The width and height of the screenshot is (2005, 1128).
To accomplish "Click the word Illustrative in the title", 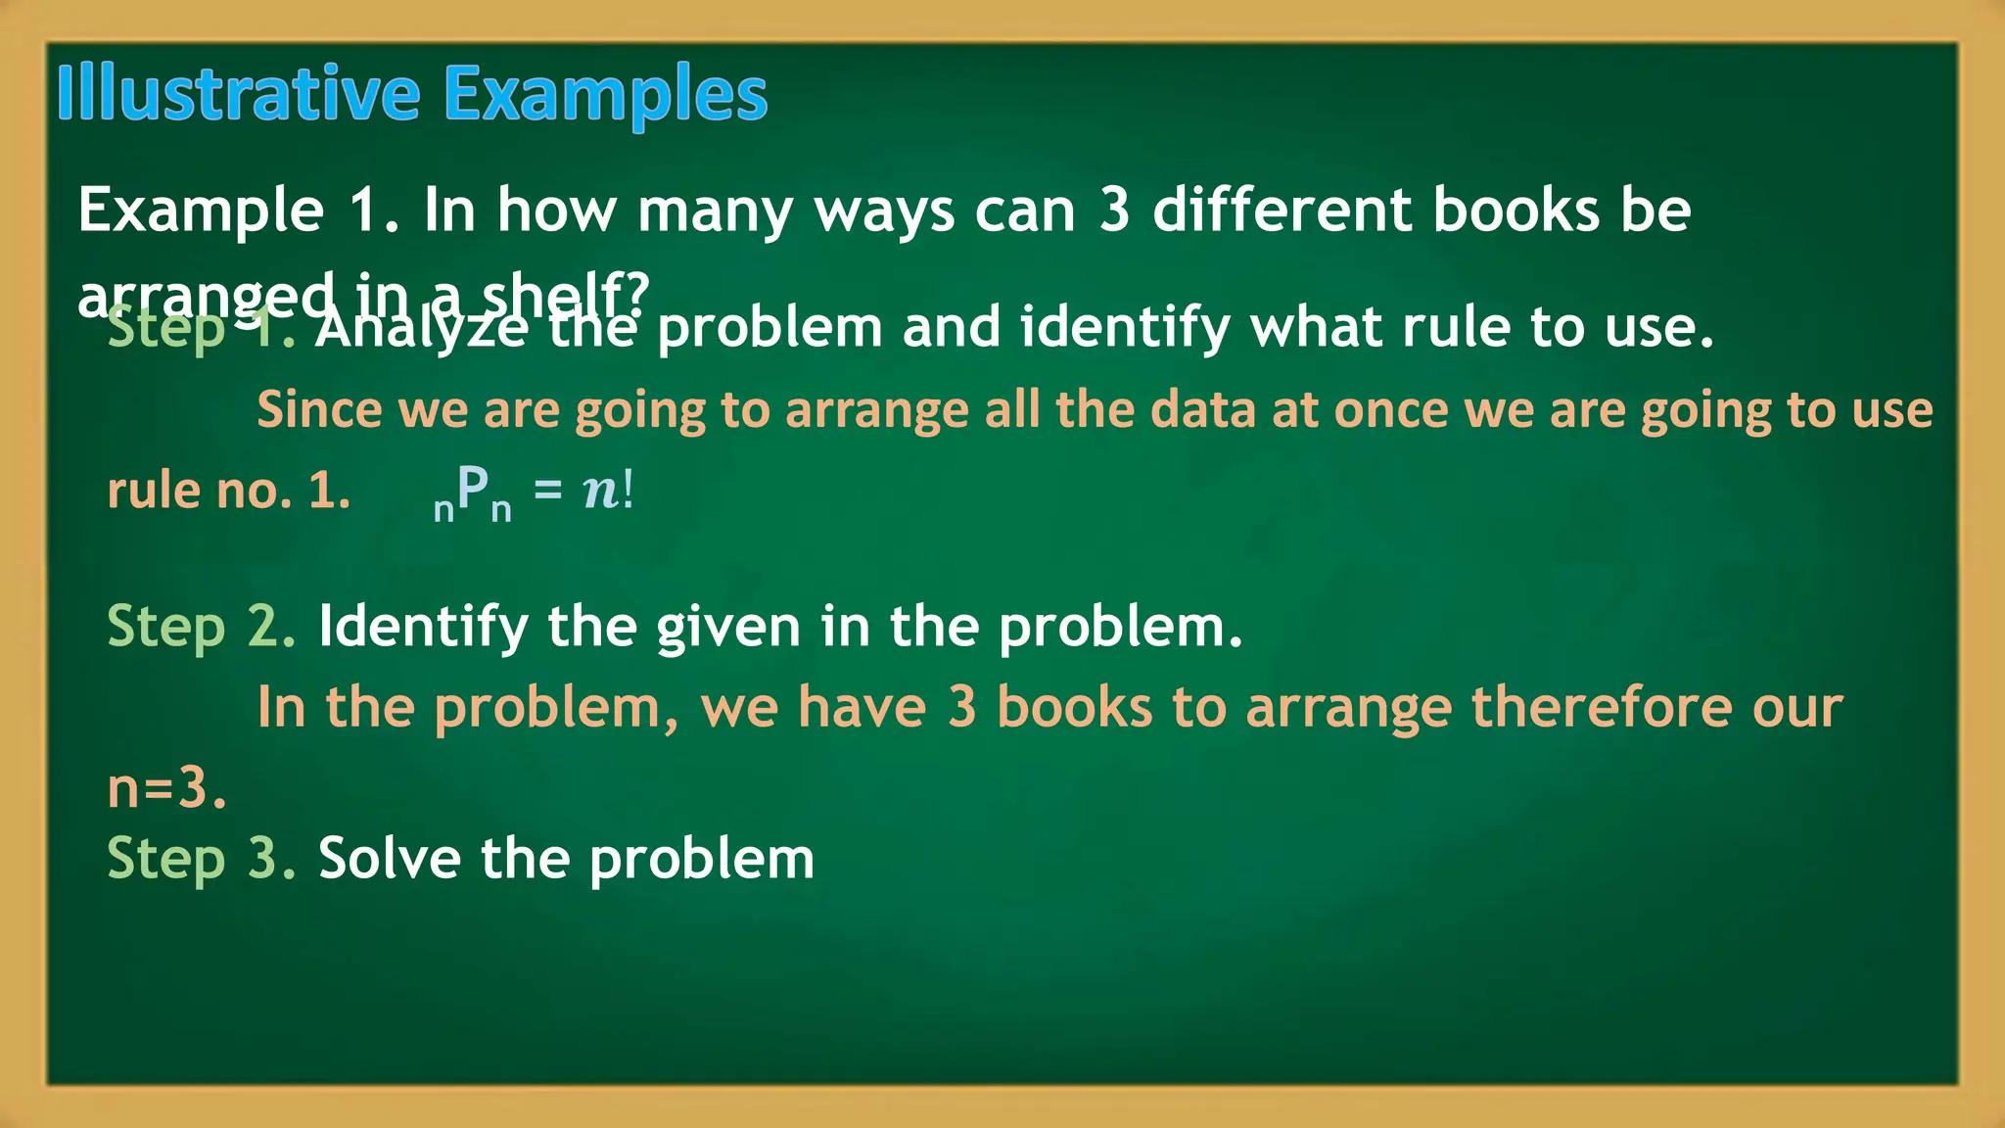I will coord(238,93).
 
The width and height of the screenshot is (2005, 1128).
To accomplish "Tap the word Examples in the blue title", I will coord(605,95).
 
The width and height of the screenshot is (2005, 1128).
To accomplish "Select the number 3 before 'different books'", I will coord(1114,210).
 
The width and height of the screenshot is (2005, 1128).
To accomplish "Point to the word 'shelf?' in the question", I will coord(565,294).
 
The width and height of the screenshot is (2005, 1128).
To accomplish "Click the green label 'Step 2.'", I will coord(201,627).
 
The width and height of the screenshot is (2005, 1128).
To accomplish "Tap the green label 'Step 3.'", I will coord(201,859).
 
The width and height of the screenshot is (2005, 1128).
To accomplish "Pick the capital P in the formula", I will coord(473,487).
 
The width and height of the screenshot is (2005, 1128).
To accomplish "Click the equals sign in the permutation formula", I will coord(548,489).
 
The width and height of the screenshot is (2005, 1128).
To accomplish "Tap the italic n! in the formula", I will coord(608,489).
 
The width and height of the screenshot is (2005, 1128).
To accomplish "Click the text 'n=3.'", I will coord(166,787).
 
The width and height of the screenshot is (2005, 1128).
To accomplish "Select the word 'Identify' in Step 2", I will coord(423,627).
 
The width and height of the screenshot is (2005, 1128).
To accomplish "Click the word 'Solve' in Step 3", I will coord(389,859).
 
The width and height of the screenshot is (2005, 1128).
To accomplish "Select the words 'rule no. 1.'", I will coord(228,490).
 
